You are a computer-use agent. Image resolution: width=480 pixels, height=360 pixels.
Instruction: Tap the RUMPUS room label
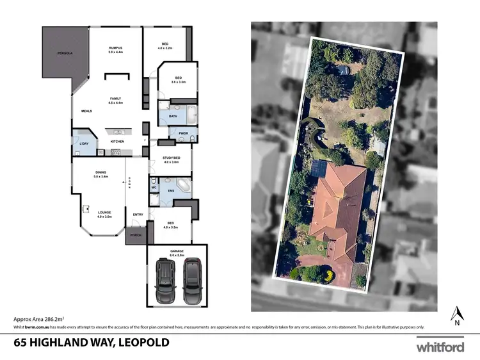coord(115,48)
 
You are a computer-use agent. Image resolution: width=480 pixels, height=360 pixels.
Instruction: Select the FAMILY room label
coord(115,99)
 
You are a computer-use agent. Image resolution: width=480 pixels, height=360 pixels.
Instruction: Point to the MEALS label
coord(87,111)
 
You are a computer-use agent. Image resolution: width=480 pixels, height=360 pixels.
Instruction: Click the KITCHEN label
coord(117,141)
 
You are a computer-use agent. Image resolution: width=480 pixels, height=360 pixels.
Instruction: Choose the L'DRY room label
coord(83,143)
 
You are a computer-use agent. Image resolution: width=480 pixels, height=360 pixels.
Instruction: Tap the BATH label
coord(173,116)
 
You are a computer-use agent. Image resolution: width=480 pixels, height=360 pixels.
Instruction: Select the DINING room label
coord(100,172)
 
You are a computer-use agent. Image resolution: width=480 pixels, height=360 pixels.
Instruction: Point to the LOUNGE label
coord(104,212)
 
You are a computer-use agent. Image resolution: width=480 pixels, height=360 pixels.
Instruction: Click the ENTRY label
coord(138,214)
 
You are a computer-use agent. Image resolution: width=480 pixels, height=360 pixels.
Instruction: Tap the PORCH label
coord(135,235)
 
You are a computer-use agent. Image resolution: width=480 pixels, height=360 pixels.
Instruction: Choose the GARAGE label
coord(177,250)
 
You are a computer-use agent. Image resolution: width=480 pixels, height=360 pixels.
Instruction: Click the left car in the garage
coord(165,281)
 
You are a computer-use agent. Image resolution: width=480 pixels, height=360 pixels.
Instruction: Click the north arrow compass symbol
coord(457,315)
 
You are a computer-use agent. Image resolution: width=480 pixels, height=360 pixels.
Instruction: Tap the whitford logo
coord(440,347)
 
